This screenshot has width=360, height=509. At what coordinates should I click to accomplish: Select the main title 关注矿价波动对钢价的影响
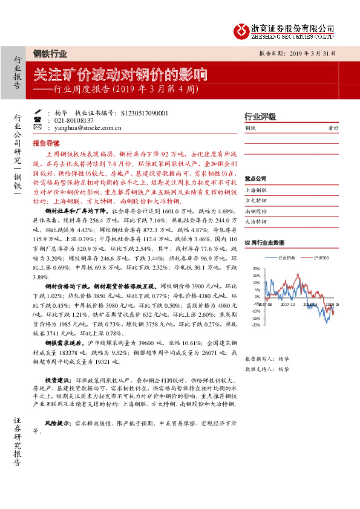point(120,76)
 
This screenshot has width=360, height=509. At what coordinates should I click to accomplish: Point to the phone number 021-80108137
point(64,120)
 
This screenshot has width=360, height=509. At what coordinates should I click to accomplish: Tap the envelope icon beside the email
point(38,128)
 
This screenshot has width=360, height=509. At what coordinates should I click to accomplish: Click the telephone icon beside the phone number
point(38,120)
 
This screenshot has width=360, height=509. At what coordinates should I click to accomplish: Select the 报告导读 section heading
point(47,144)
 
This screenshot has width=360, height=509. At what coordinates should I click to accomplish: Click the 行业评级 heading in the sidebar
point(260,116)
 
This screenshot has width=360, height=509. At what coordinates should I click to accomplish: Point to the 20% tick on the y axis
point(256,268)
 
